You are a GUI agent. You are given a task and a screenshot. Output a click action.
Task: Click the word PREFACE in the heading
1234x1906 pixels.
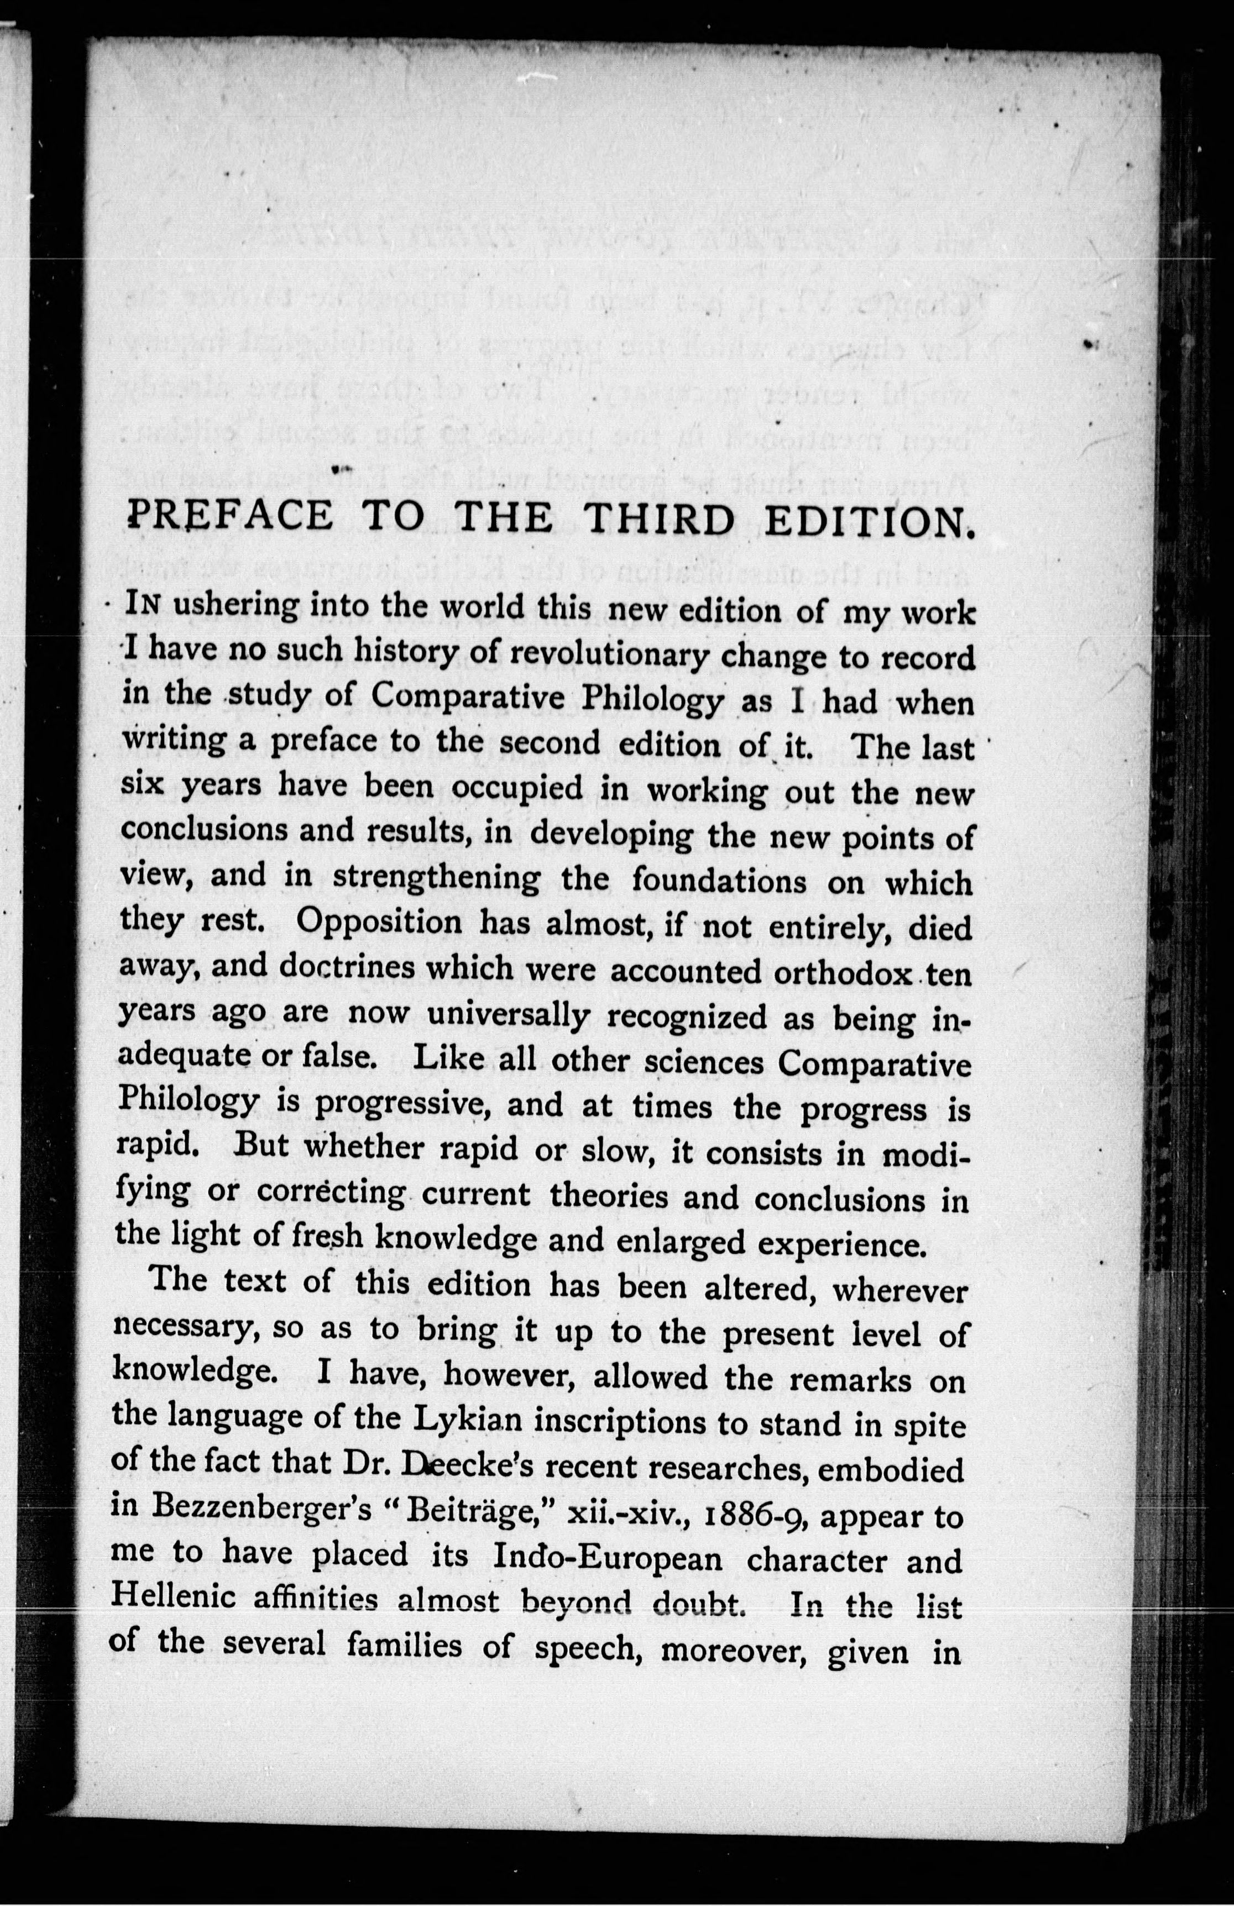tap(231, 516)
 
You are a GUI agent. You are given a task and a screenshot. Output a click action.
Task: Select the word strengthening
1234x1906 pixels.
tap(436, 877)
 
